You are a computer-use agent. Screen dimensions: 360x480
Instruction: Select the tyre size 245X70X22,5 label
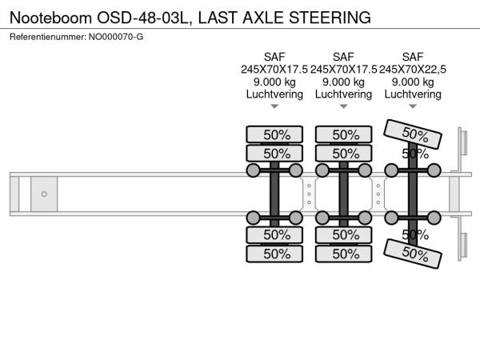click(x=413, y=70)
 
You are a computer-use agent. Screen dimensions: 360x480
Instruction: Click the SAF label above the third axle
click(x=413, y=57)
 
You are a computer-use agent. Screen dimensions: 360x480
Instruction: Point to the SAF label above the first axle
click(x=274, y=57)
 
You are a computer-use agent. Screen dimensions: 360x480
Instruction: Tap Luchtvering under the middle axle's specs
click(x=343, y=94)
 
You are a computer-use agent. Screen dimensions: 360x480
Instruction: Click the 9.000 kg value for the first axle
click(x=274, y=82)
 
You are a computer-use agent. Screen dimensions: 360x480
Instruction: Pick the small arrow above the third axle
click(x=413, y=106)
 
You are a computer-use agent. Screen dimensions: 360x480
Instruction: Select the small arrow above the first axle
click(x=274, y=106)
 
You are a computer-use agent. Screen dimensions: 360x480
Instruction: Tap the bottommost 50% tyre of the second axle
click(x=345, y=254)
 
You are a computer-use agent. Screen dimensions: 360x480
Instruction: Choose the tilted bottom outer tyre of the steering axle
click(x=414, y=254)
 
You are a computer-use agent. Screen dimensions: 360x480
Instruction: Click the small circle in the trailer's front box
click(x=44, y=194)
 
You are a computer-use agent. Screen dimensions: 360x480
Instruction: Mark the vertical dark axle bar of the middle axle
click(x=344, y=194)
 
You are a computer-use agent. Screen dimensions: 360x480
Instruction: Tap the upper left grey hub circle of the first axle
click(x=254, y=170)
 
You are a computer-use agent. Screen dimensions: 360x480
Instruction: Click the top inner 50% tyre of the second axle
click(x=345, y=154)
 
